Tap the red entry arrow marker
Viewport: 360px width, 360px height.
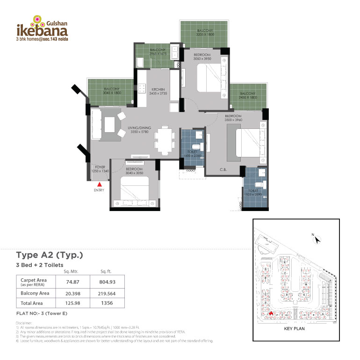point(99,185)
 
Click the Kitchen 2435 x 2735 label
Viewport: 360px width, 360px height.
point(158,91)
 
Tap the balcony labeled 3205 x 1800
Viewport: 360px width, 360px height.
point(205,33)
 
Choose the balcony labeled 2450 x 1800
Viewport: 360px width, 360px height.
point(248,96)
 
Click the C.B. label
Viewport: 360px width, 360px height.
point(223,169)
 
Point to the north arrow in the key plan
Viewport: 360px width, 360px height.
point(317,239)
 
